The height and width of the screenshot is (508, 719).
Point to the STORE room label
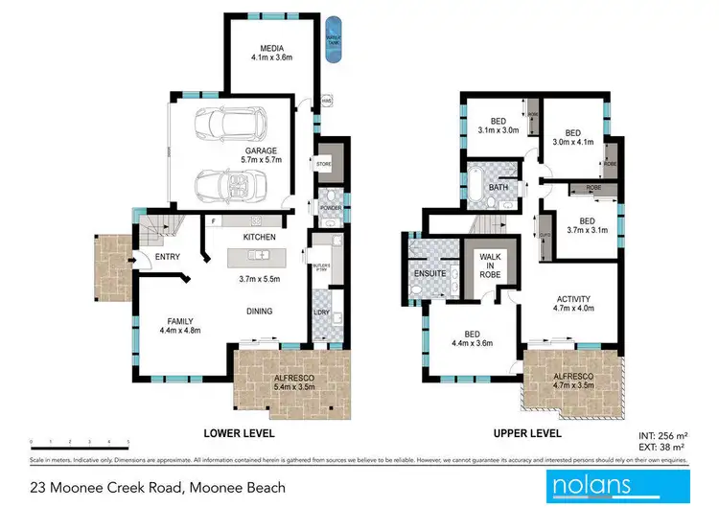pos(323,165)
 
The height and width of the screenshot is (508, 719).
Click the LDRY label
pos(321,312)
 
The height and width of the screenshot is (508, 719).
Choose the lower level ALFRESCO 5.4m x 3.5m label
pos(292,382)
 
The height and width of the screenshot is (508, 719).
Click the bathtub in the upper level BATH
pos(475,185)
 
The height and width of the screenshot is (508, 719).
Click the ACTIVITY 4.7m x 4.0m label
pos(572,303)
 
